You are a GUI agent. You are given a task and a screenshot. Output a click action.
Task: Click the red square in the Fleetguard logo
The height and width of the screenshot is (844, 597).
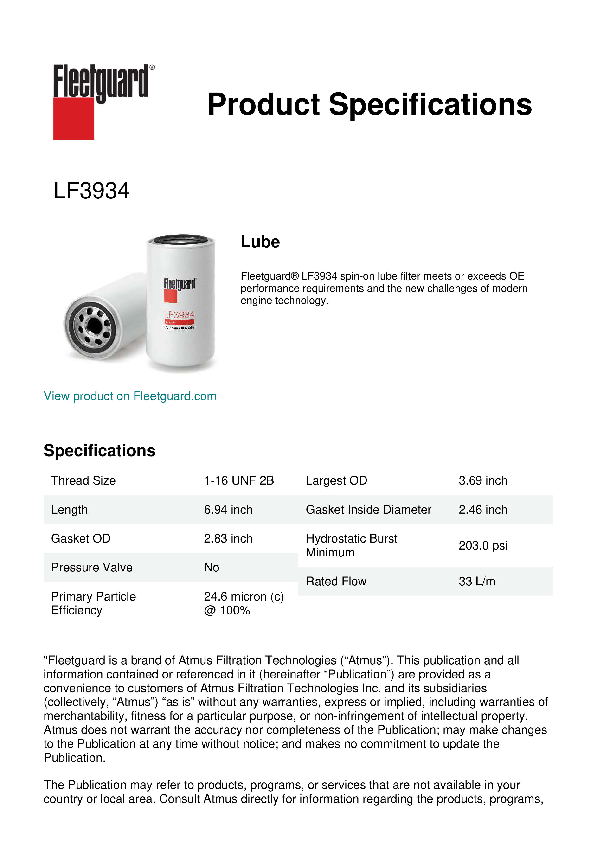click(74, 118)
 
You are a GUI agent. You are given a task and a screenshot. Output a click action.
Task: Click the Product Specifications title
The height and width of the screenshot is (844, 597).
click(369, 104)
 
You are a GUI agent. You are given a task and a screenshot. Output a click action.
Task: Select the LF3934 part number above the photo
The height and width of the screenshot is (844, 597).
click(91, 191)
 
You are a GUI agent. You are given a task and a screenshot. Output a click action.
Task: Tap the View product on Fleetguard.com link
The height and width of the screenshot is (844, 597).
click(130, 396)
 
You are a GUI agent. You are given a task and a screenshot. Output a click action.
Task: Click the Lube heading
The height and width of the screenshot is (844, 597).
click(260, 242)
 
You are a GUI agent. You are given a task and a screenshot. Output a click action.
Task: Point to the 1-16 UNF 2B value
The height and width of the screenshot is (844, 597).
click(239, 480)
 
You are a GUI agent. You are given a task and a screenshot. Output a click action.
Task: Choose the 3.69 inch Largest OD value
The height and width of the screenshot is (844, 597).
click(483, 480)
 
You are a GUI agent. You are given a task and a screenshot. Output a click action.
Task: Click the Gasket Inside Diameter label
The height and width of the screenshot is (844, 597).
click(368, 510)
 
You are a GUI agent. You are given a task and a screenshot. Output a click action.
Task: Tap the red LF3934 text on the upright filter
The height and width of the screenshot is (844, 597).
click(179, 315)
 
